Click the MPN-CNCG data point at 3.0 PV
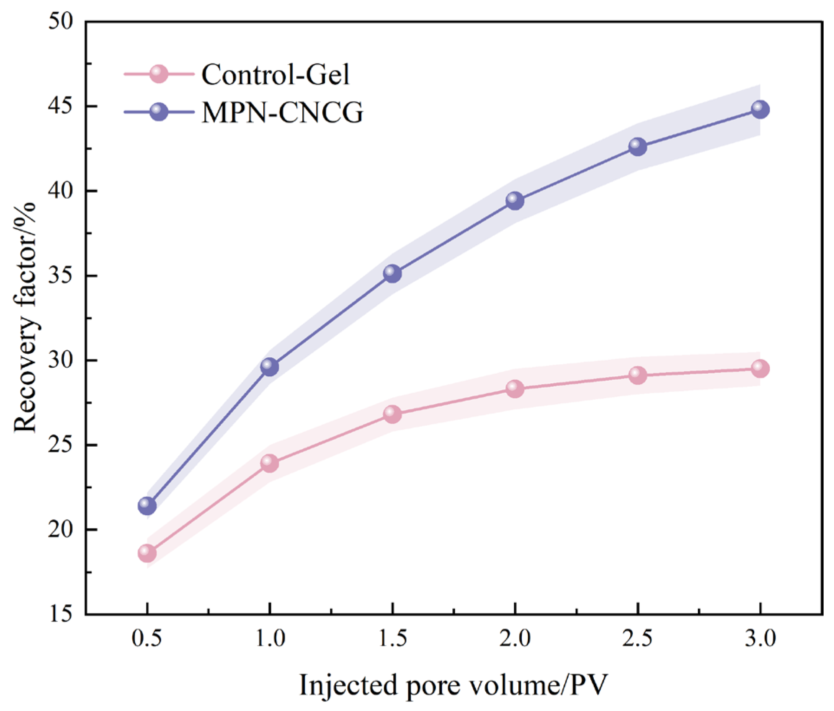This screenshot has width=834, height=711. (760, 109)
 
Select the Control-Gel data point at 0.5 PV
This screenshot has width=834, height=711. (147, 553)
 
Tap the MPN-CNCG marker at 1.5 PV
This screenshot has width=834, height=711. (392, 274)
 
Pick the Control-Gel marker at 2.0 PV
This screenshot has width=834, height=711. (515, 388)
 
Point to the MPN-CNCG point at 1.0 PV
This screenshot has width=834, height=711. (269, 367)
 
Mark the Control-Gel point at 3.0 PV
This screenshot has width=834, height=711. (760, 369)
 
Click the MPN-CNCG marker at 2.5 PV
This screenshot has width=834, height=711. (638, 147)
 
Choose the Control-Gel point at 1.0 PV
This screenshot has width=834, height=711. (269, 464)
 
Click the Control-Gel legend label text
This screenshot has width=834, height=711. (275, 75)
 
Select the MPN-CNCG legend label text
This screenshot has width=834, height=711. (282, 112)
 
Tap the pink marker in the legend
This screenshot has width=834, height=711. (159, 74)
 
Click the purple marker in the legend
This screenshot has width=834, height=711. (159, 112)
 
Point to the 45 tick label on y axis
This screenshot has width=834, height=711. (61, 106)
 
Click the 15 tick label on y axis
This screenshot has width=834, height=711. (61, 614)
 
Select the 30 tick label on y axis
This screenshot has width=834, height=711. (61, 360)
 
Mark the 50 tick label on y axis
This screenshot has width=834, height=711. (61, 21)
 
